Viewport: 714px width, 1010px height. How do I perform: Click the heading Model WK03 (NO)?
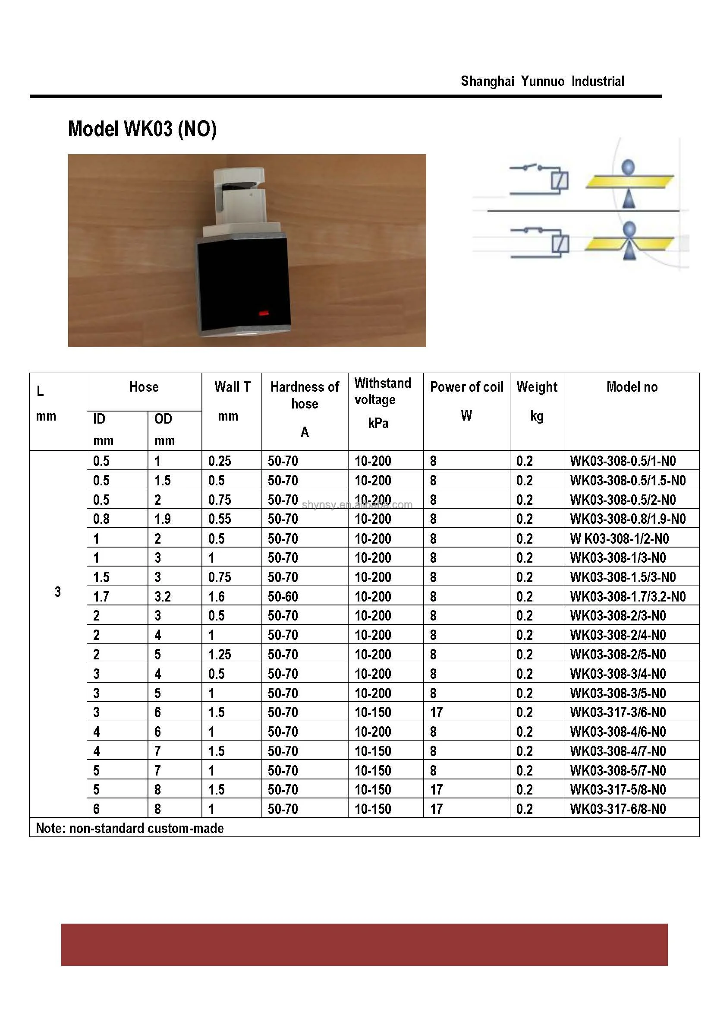pyautogui.click(x=142, y=129)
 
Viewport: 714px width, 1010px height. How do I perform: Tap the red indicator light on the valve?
pyautogui.click(x=264, y=313)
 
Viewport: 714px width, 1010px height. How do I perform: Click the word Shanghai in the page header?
pyautogui.click(x=487, y=82)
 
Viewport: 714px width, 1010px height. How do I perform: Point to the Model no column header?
pyautogui.click(x=632, y=387)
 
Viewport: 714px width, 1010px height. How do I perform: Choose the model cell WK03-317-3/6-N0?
pyautogui.click(x=618, y=712)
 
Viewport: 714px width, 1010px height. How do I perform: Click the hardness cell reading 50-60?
pyautogui.click(x=283, y=597)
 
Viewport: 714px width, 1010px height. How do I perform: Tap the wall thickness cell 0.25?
pyautogui.click(x=220, y=461)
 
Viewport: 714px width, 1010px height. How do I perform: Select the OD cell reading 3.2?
pyautogui.click(x=162, y=597)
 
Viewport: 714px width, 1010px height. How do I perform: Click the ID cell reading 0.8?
pyautogui.click(x=101, y=519)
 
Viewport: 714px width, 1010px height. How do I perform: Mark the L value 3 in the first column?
pyautogui.click(x=58, y=592)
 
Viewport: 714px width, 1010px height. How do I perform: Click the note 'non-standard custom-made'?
pyautogui.click(x=130, y=828)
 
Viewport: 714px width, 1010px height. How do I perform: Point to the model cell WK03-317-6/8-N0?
pyautogui.click(x=618, y=809)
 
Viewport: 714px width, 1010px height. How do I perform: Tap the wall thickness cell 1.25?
pyautogui.click(x=220, y=655)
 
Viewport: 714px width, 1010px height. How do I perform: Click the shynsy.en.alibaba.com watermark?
pyautogui.click(x=357, y=505)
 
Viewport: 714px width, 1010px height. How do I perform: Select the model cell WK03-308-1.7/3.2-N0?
pyautogui.click(x=627, y=597)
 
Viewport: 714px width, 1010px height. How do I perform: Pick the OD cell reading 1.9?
pyautogui.click(x=162, y=519)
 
